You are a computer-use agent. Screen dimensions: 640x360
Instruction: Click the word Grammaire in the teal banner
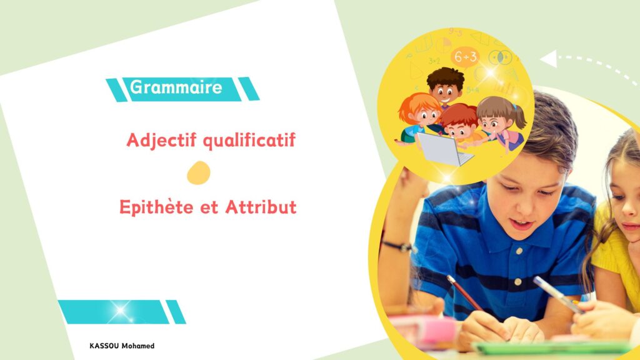click(x=176, y=87)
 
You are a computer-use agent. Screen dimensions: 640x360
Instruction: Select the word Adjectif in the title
click(x=162, y=141)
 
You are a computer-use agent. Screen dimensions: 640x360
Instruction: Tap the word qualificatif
click(x=249, y=141)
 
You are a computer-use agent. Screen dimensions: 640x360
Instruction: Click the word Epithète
click(x=156, y=207)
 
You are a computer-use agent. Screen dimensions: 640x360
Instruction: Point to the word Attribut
click(x=261, y=207)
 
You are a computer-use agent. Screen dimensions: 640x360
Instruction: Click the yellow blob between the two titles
click(x=199, y=172)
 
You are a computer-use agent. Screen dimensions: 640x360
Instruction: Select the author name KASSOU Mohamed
click(x=122, y=346)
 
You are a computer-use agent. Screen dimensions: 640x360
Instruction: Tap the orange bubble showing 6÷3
click(x=465, y=57)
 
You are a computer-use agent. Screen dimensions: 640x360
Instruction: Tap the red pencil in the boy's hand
click(x=464, y=292)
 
